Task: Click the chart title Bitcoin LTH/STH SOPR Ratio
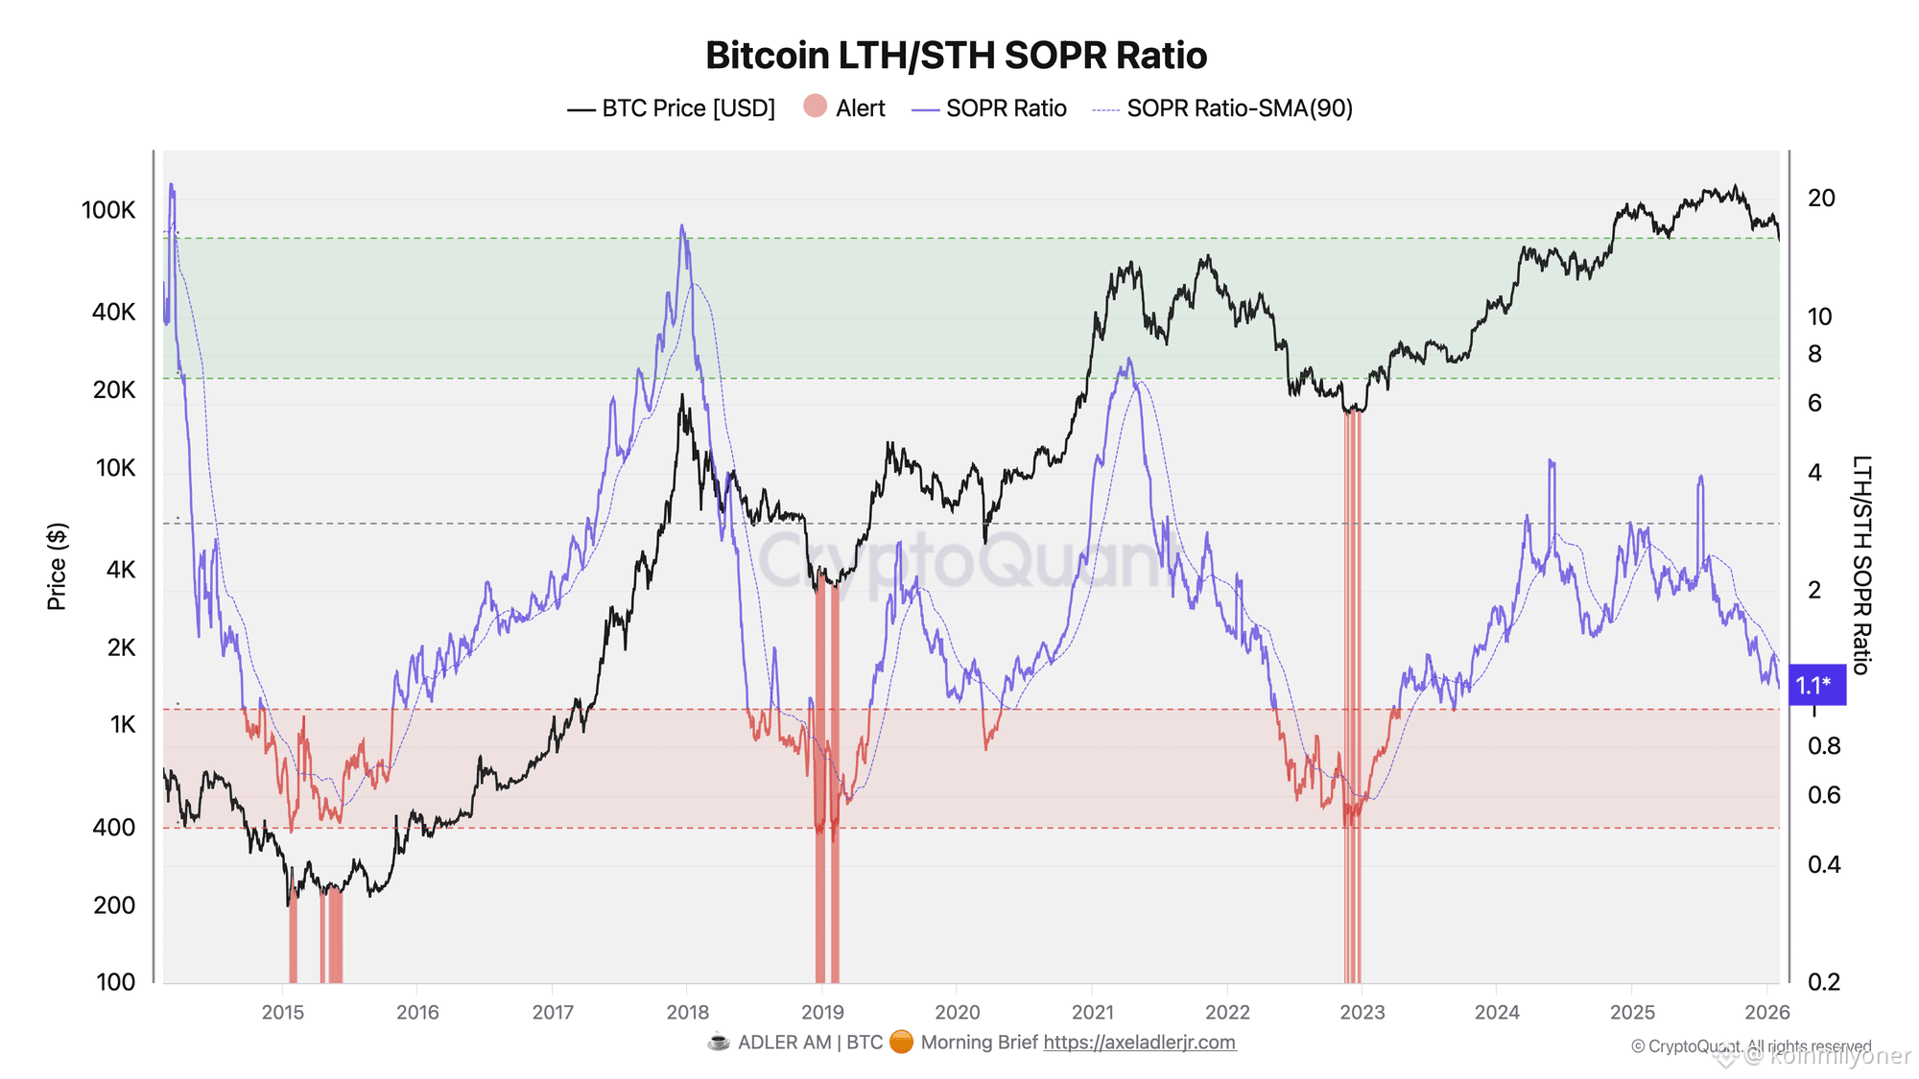[x=956, y=56]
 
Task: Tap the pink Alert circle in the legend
[x=816, y=106]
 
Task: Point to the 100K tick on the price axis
[x=108, y=210]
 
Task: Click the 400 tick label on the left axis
[x=114, y=827]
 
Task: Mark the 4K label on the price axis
[x=121, y=570]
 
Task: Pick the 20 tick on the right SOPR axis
[x=1820, y=199]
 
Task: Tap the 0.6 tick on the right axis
[x=1823, y=795]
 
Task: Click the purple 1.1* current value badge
[x=1815, y=685]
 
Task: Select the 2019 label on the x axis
[x=822, y=1012]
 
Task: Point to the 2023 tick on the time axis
[x=1362, y=1012]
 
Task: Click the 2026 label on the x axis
[x=1766, y=1012]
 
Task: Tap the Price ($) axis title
[x=57, y=566]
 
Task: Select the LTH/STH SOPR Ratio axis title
[x=1860, y=565]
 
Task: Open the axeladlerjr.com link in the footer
[x=1139, y=1043]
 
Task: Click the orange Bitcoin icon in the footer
[x=901, y=1043]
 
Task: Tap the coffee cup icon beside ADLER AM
[x=718, y=1043]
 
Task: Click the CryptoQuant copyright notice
[x=1750, y=1046]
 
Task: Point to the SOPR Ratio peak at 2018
[x=682, y=226]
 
